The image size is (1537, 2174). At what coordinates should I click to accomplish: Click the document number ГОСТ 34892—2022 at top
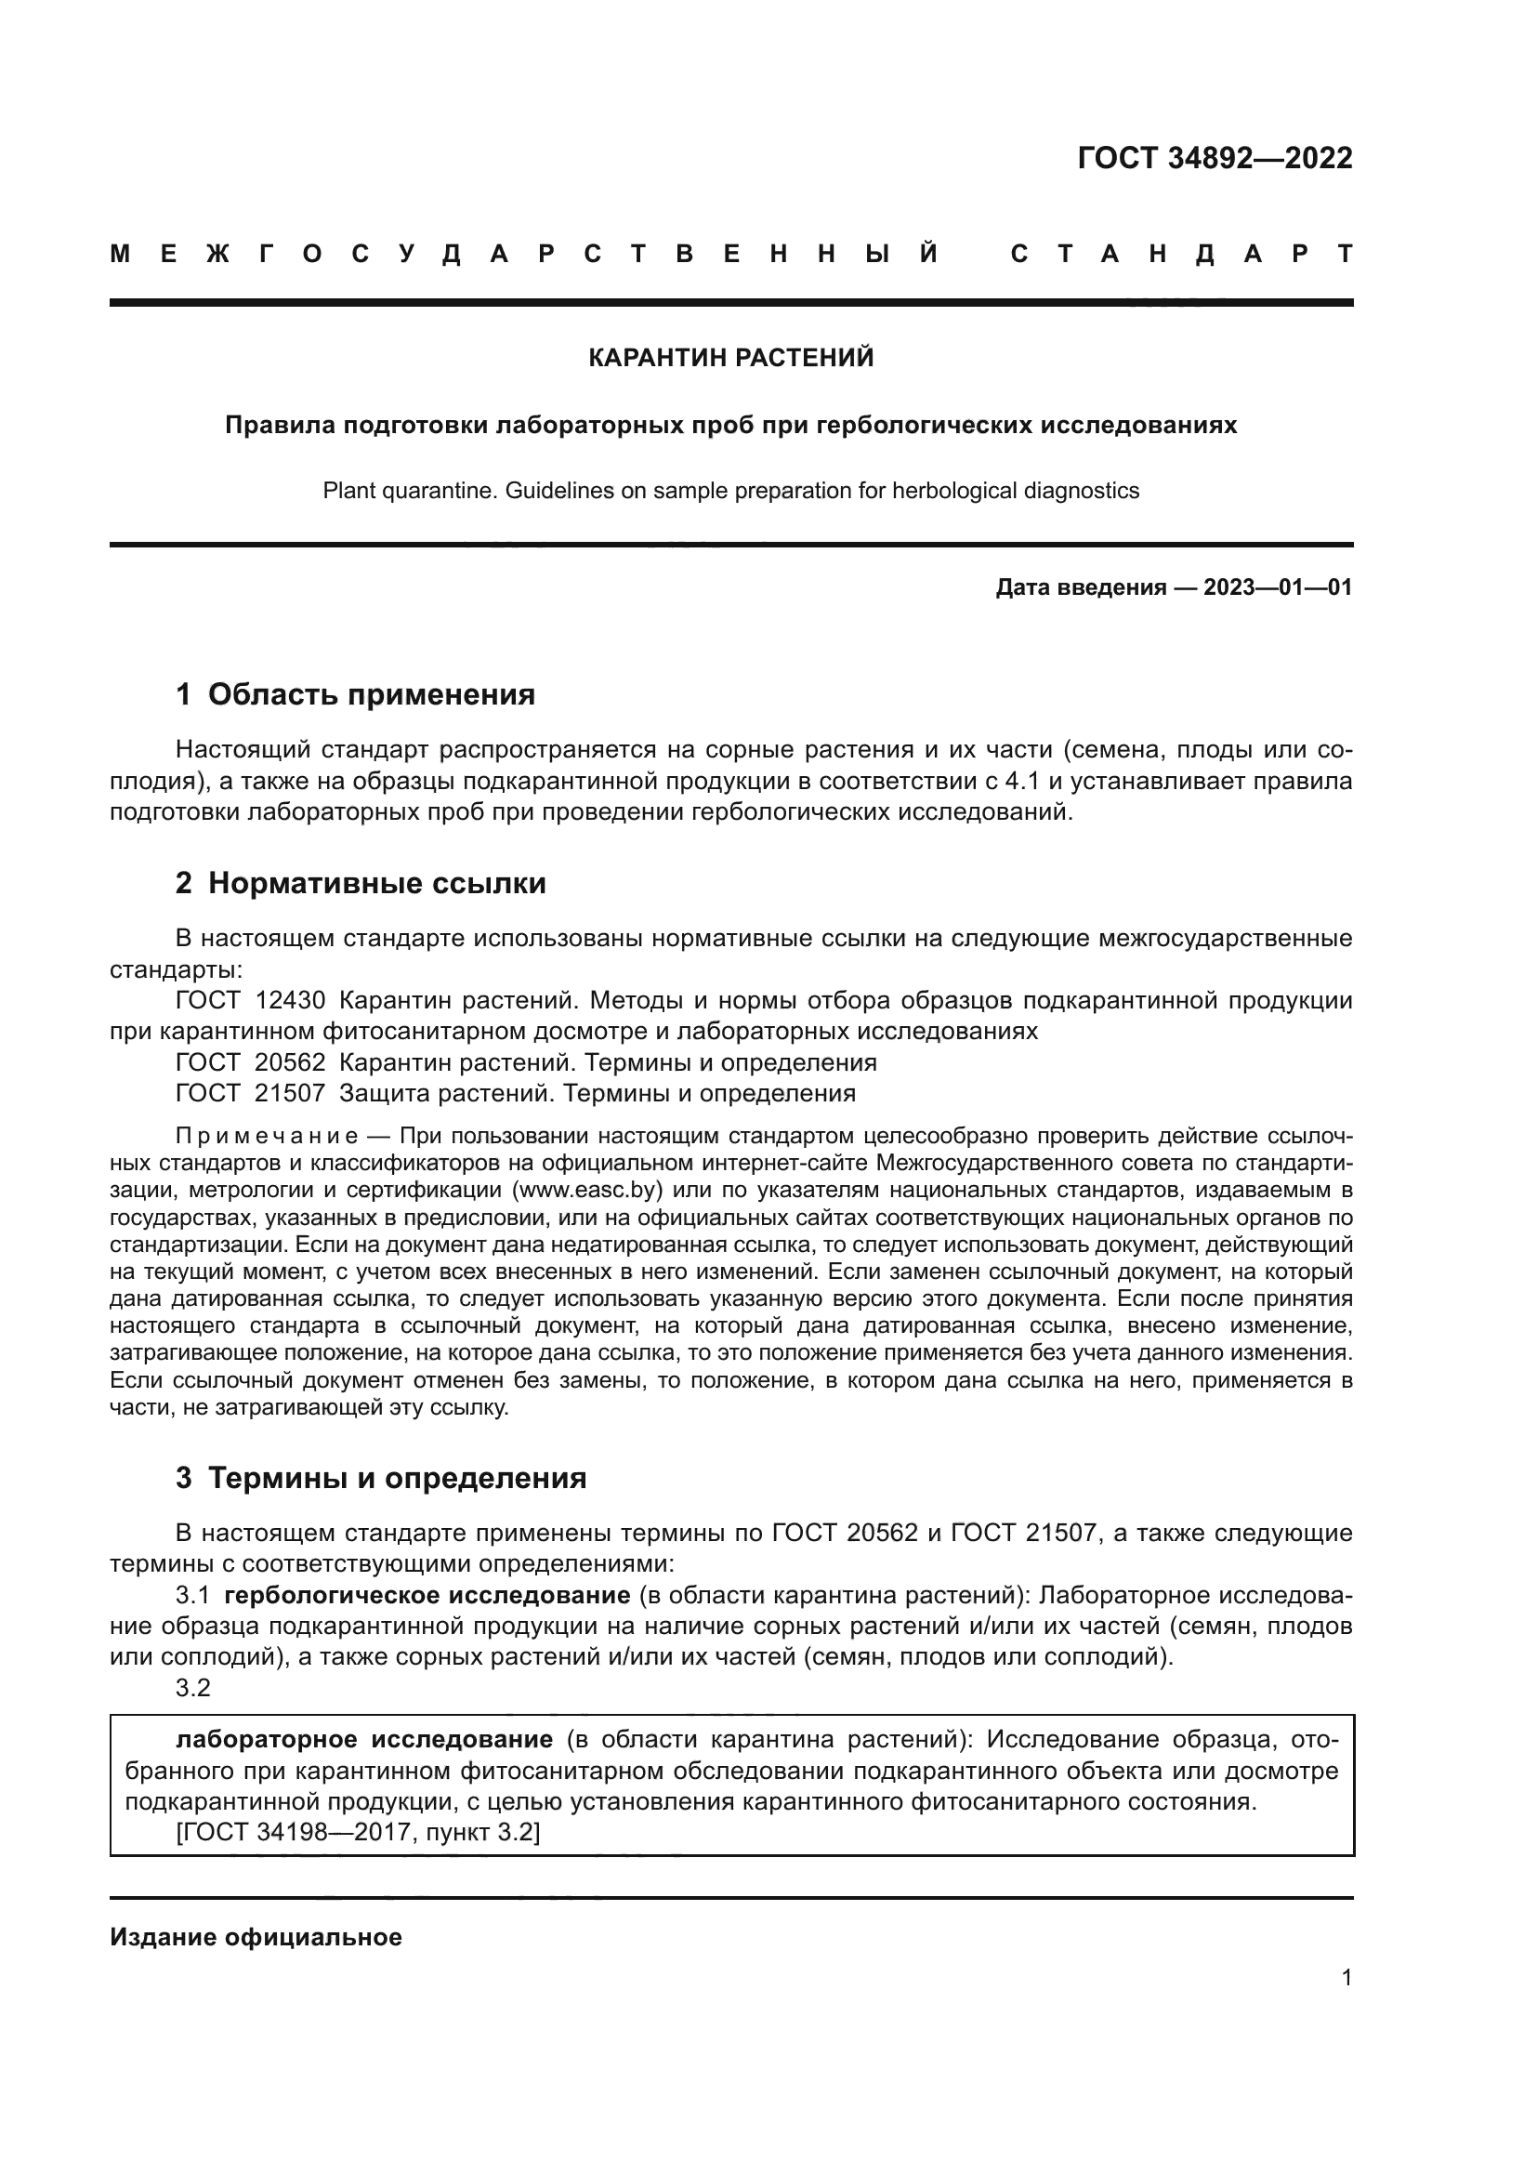point(1215,158)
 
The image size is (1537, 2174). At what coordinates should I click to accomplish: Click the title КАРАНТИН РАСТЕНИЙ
point(730,358)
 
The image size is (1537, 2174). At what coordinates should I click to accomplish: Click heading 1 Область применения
point(355,695)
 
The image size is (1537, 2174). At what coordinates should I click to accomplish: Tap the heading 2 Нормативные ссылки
point(361,883)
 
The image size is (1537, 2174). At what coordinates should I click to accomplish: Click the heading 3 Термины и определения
point(380,1478)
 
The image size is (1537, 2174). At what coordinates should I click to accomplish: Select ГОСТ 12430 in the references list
point(250,1001)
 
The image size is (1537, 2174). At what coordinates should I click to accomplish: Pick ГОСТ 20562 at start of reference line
point(250,1062)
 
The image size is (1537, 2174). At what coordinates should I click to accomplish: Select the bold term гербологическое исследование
point(427,1596)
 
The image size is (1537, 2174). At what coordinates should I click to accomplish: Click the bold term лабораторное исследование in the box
point(364,1739)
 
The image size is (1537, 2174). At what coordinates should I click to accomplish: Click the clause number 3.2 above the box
point(193,1687)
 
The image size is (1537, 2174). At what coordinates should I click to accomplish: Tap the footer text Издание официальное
point(256,1937)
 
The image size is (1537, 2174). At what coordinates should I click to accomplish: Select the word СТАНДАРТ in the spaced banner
point(1181,254)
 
